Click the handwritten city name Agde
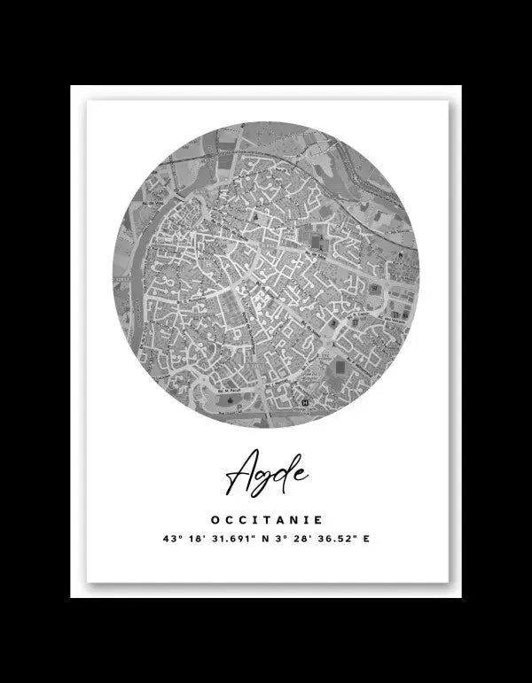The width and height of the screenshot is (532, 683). click(266, 475)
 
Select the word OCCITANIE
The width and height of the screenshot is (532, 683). click(267, 521)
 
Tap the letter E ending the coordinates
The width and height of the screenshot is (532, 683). click(366, 539)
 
